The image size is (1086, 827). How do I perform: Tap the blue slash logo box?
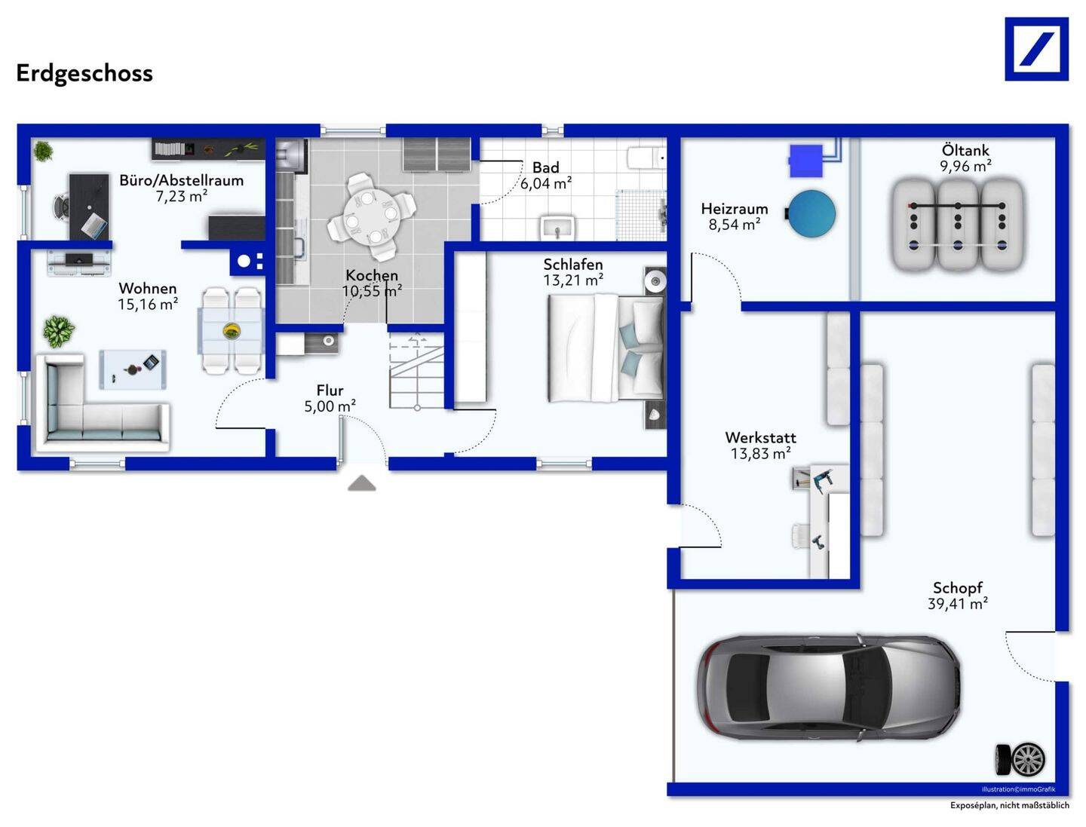(1036, 49)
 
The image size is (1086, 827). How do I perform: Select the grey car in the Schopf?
(830, 688)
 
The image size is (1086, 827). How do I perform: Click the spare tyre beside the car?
(1020, 760)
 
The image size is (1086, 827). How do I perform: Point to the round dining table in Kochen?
(371, 217)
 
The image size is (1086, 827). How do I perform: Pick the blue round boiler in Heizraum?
(811, 213)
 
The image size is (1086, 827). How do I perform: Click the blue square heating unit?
(806, 161)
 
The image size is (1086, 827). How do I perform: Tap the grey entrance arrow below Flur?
(362, 483)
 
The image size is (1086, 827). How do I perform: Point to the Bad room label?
(546, 167)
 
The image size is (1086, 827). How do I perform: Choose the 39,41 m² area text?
(957, 604)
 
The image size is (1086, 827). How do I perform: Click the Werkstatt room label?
(760, 438)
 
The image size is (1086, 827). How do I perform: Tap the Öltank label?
(965, 150)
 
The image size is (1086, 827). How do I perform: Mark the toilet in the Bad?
(647, 158)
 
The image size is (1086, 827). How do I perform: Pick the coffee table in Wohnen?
(133, 369)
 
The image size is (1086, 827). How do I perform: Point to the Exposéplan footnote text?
(1009, 806)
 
